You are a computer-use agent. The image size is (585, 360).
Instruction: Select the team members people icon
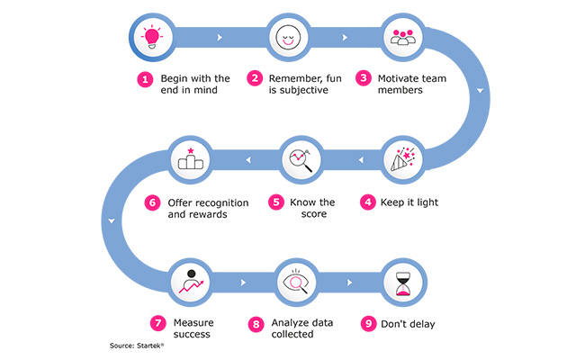click(401, 38)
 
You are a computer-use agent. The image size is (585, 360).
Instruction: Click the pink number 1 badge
click(145, 79)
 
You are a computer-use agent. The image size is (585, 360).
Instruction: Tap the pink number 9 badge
click(367, 321)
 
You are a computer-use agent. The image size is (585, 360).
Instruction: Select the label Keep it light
click(410, 202)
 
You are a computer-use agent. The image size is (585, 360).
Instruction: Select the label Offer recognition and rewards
click(202, 209)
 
